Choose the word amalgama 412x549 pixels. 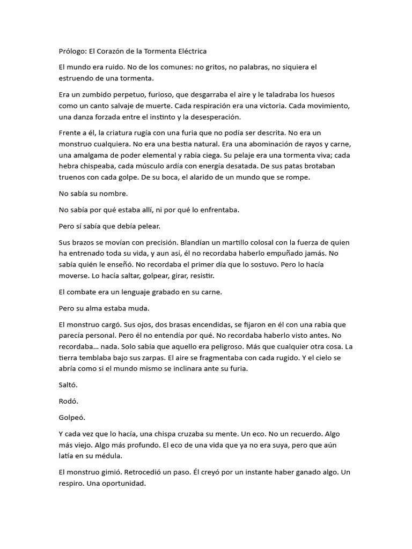(x=90, y=155)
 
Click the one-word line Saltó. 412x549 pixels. (x=68, y=384)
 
